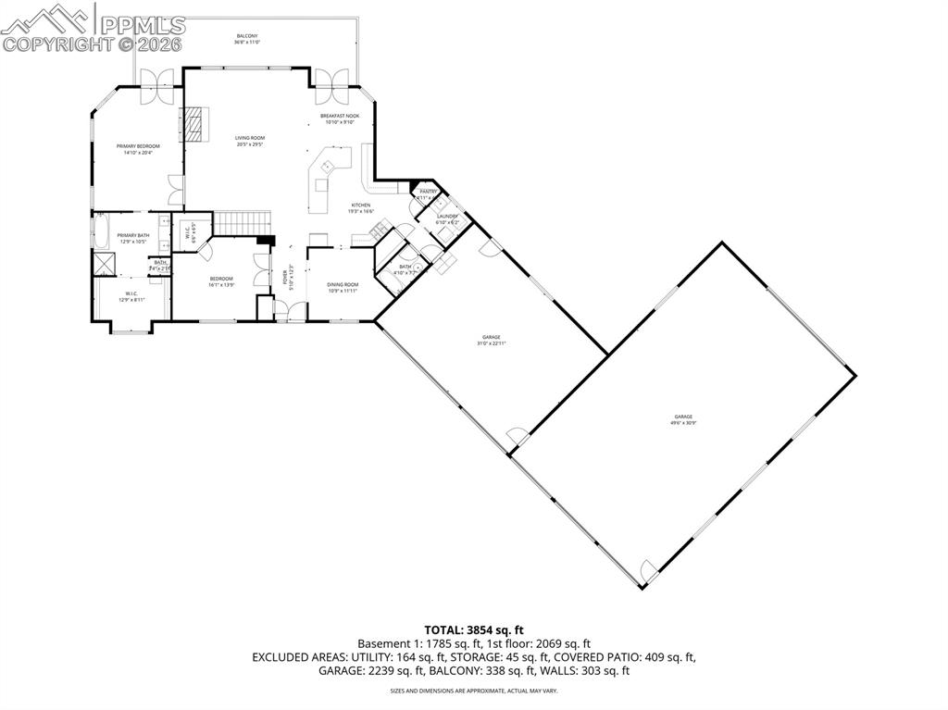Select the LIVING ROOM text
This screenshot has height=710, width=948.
(x=249, y=138)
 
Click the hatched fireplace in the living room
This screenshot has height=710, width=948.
(x=195, y=123)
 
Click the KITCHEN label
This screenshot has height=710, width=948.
(x=360, y=205)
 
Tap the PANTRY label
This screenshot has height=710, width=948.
(x=427, y=192)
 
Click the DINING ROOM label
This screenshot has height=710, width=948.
(x=343, y=285)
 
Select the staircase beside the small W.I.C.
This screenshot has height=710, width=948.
(x=243, y=223)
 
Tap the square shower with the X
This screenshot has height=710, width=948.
(x=102, y=264)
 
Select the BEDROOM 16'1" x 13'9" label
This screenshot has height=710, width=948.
(x=221, y=279)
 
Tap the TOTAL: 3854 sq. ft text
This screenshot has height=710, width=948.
(x=473, y=630)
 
